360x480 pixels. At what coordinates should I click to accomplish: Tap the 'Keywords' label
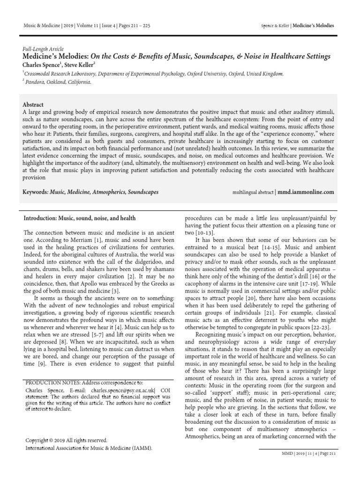38,192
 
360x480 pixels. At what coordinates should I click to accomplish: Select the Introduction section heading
80,218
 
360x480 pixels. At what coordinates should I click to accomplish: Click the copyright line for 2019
65,440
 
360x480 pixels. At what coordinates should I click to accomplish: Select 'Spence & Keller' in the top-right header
274,25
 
